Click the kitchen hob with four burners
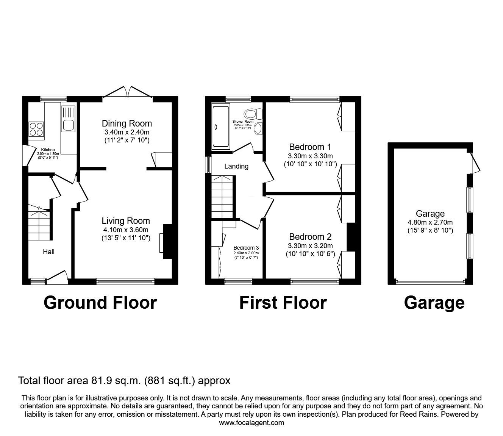pyautogui.click(x=36, y=129)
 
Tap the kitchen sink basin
pyautogui.click(x=69, y=125)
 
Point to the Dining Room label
pyautogui.click(x=127, y=123)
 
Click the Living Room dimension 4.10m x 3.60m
pyautogui.click(x=126, y=230)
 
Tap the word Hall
pyautogui.click(x=48, y=252)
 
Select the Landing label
pyautogui.click(x=236, y=166)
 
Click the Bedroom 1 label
pyautogui.click(x=310, y=147)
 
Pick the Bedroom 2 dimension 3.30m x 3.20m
pyautogui.click(x=310, y=245)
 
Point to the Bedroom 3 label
pyautogui.click(x=246, y=248)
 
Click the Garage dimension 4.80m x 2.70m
pyautogui.click(x=430, y=222)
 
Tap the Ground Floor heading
pyautogui.click(x=100, y=303)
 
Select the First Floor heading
pyautogui.click(x=283, y=303)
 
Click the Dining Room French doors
pyautogui.click(x=128, y=92)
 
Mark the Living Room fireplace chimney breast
pyautogui.click(x=167, y=242)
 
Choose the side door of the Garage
pyautogui.click(x=475, y=163)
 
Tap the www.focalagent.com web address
pyautogui.click(x=251, y=423)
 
